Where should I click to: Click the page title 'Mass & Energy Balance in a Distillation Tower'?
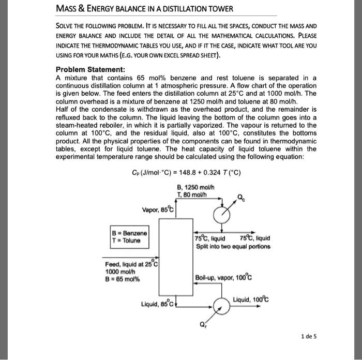144,9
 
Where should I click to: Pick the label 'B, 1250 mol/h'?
192,187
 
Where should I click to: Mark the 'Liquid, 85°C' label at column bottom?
158,304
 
